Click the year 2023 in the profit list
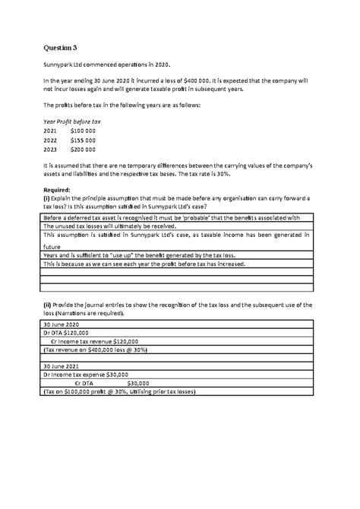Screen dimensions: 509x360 click(x=50, y=150)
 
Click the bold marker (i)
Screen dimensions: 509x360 click(x=46, y=198)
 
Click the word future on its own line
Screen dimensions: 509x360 click(x=52, y=246)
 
